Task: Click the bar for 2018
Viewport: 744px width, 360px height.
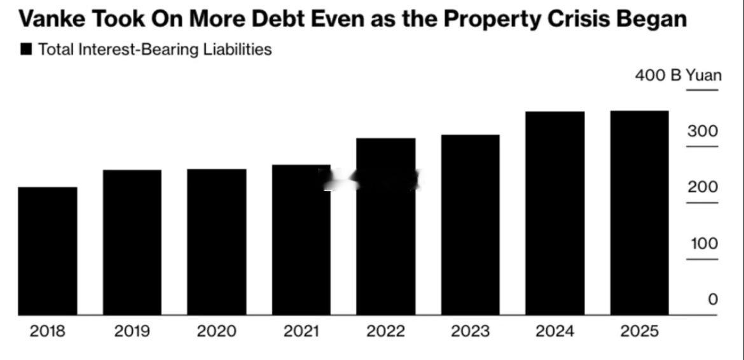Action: (x=48, y=251)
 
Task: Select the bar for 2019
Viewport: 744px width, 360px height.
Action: (x=132, y=242)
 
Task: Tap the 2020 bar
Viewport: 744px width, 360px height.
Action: (x=217, y=242)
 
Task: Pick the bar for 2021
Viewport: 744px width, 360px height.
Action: (x=301, y=240)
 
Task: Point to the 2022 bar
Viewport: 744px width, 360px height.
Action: (x=385, y=226)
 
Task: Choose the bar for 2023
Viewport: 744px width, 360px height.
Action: (x=470, y=225)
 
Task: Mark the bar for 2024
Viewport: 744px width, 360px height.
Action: (x=555, y=213)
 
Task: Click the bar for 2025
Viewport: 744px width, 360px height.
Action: (x=639, y=212)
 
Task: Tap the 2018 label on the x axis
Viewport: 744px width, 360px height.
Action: (x=48, y=331)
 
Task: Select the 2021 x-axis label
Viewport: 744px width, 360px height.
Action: (x=301, y=331)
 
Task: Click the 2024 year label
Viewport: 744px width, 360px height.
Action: (x=555, y=331)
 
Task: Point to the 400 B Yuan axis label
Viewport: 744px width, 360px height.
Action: (x=678, y=76)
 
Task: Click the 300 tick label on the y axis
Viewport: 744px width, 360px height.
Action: (x=702, y=132)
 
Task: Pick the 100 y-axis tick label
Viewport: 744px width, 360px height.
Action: (x=703, y=244)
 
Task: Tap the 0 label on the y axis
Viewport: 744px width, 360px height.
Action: (x=713, y=300)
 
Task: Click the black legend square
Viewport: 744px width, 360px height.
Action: (x=26, y=50)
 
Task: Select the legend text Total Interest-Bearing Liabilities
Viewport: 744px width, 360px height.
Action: (x=155, y=50)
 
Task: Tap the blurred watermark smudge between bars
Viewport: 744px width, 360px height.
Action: (x=372, y=179)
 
